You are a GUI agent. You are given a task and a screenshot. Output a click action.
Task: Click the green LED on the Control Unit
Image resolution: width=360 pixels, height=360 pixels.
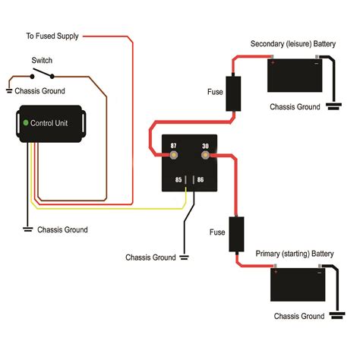pyautogui.click(x=26, y=122)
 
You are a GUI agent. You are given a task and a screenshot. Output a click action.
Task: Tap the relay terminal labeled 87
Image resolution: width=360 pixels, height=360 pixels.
pyautogui.click(x=173, y=156)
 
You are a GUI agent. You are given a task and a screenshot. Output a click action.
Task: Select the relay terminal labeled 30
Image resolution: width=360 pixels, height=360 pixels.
pyautogui.click(x=205, y=156)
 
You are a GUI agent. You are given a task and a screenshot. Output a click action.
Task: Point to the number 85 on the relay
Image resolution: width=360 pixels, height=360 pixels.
pyautogui.click(x=178, y=180)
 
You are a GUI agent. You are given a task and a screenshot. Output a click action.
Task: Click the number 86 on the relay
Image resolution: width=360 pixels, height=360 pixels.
pyautogui.click(x=200, y=180)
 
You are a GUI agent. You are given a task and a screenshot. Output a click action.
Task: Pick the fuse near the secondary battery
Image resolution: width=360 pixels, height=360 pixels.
pyautogui.click(x=235, y=93)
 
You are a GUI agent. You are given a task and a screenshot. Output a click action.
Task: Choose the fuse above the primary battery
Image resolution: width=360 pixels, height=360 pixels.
pyautogui.click(x=237, y=234)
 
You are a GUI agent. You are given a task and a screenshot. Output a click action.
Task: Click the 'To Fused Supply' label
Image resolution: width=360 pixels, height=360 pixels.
pyautogui.click(x=52, y=36)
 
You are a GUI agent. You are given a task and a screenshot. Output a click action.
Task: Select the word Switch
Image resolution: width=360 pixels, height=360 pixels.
pyautogui.click(x=42, y=60)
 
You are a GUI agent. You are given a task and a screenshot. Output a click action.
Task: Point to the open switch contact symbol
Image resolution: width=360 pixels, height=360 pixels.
pyautogui.click(x=41, y=75)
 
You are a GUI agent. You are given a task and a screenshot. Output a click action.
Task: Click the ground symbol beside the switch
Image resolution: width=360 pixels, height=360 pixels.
pyautogui.click(x=8, y=90)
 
